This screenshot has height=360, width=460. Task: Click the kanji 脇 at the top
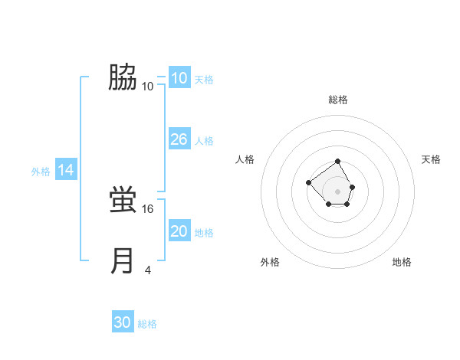pos(123,77)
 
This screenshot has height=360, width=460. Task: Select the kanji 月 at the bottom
pos(123,261)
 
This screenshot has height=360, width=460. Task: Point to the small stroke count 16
pos(148,208)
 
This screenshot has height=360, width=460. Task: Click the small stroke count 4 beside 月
pos(148,270)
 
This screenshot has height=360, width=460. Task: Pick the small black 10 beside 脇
pos(148,86)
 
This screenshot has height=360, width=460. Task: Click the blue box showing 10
pos(179,78)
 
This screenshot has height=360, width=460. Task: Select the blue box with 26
pos(179,139)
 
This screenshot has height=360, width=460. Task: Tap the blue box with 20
pos(179,231)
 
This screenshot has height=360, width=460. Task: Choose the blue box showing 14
pos(66,171)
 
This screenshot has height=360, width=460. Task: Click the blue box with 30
pos(123,322)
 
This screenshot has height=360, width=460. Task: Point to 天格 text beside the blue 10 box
pos(204,80)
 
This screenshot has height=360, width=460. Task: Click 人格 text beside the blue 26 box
pos(204,141)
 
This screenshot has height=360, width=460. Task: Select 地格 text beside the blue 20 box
pos(204,233)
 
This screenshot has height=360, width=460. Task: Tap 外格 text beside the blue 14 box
pos(41,172)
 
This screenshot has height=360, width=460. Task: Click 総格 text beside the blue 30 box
pos(147,324)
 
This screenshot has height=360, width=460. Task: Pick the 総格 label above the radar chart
pos(338,100)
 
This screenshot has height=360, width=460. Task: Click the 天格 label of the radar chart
pos(431,159)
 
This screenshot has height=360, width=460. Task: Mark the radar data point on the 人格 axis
pos(308,182)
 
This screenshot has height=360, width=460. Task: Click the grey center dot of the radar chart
pos(338,191)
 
